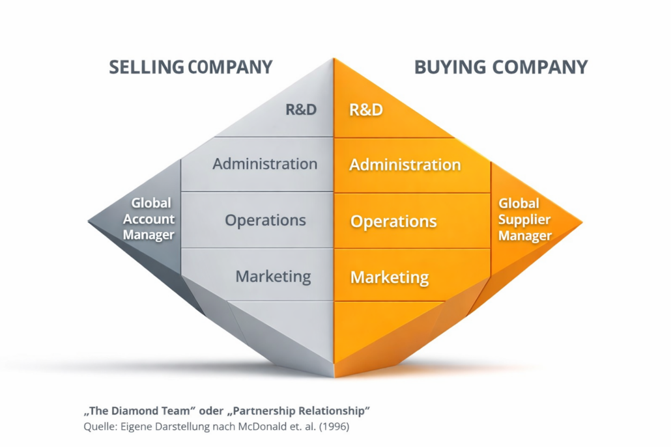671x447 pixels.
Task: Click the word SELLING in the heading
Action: pos(146,66)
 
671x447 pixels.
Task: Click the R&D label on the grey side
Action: pos(301,109)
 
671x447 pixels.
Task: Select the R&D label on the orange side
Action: pos(366,109)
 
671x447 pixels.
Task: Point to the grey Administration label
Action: pos(264,163)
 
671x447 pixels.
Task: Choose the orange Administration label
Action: pos(405,165)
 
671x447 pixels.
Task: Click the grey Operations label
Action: pos(265,220)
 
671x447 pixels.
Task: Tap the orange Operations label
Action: pos(393,221)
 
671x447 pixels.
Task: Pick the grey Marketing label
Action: pos(273,276)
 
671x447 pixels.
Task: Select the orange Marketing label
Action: pos(390,277)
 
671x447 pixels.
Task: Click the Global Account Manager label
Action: pos(149,219)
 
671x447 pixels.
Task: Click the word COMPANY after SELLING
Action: pos(230,66)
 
